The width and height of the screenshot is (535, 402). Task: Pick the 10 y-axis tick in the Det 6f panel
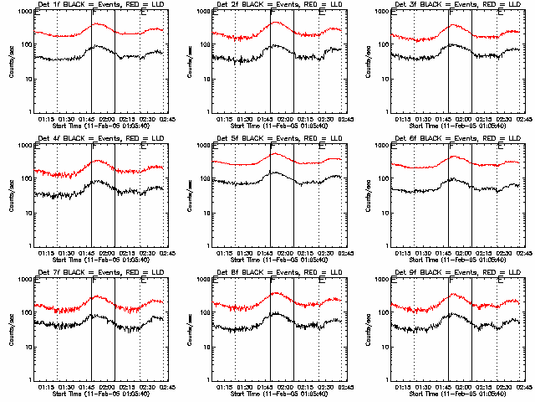pos(381,213)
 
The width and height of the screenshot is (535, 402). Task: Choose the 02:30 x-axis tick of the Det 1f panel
pos(146,119)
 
